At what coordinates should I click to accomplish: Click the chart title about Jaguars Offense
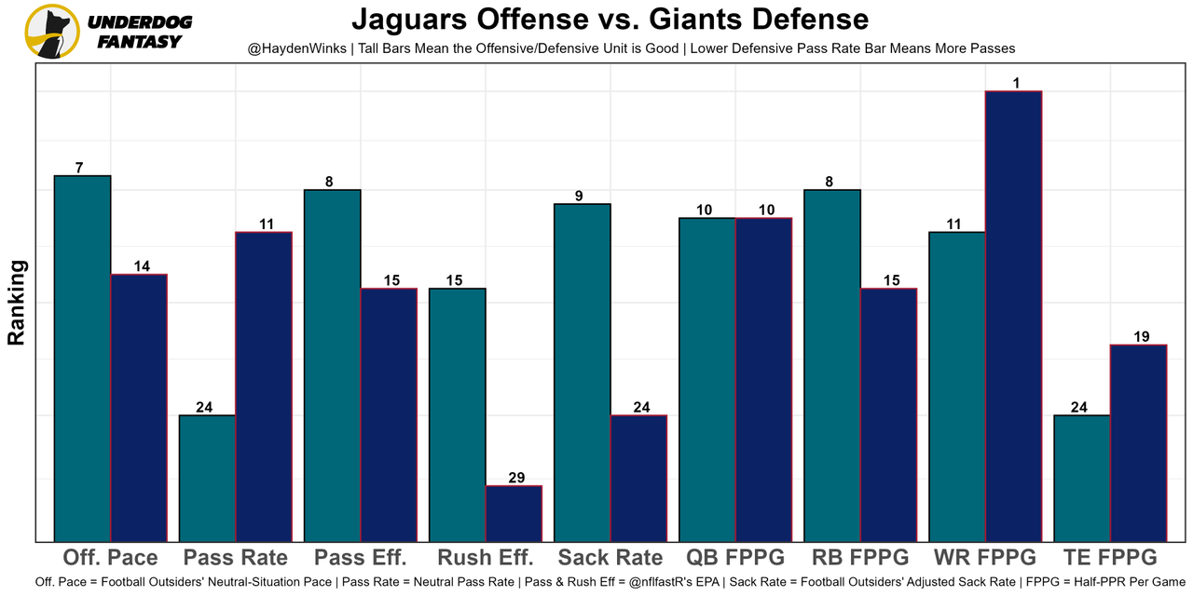[610, 19]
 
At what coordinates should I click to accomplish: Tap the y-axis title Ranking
[17, 303]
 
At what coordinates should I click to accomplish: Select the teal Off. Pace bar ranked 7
[83, 359]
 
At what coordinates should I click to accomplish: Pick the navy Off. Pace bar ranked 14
[139, 407]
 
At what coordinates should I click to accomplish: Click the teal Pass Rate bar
[207, 478]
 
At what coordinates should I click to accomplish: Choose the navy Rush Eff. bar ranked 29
[514, 513]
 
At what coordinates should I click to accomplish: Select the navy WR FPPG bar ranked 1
[1013, 316]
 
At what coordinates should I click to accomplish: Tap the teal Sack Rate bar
[583, 372]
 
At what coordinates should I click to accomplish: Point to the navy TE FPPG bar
[1138, 442]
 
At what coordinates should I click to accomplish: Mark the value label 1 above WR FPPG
[1016, 83]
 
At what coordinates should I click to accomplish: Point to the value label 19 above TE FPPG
[1142, 337]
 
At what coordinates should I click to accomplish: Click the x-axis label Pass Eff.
[361, 558]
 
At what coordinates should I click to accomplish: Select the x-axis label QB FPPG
[735, 558]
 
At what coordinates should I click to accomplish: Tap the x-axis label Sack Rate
[610, 558]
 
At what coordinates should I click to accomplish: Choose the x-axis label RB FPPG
[860, 558]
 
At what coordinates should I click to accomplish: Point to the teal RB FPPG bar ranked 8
[832, 365]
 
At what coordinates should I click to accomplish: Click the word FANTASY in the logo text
[140, 42]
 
